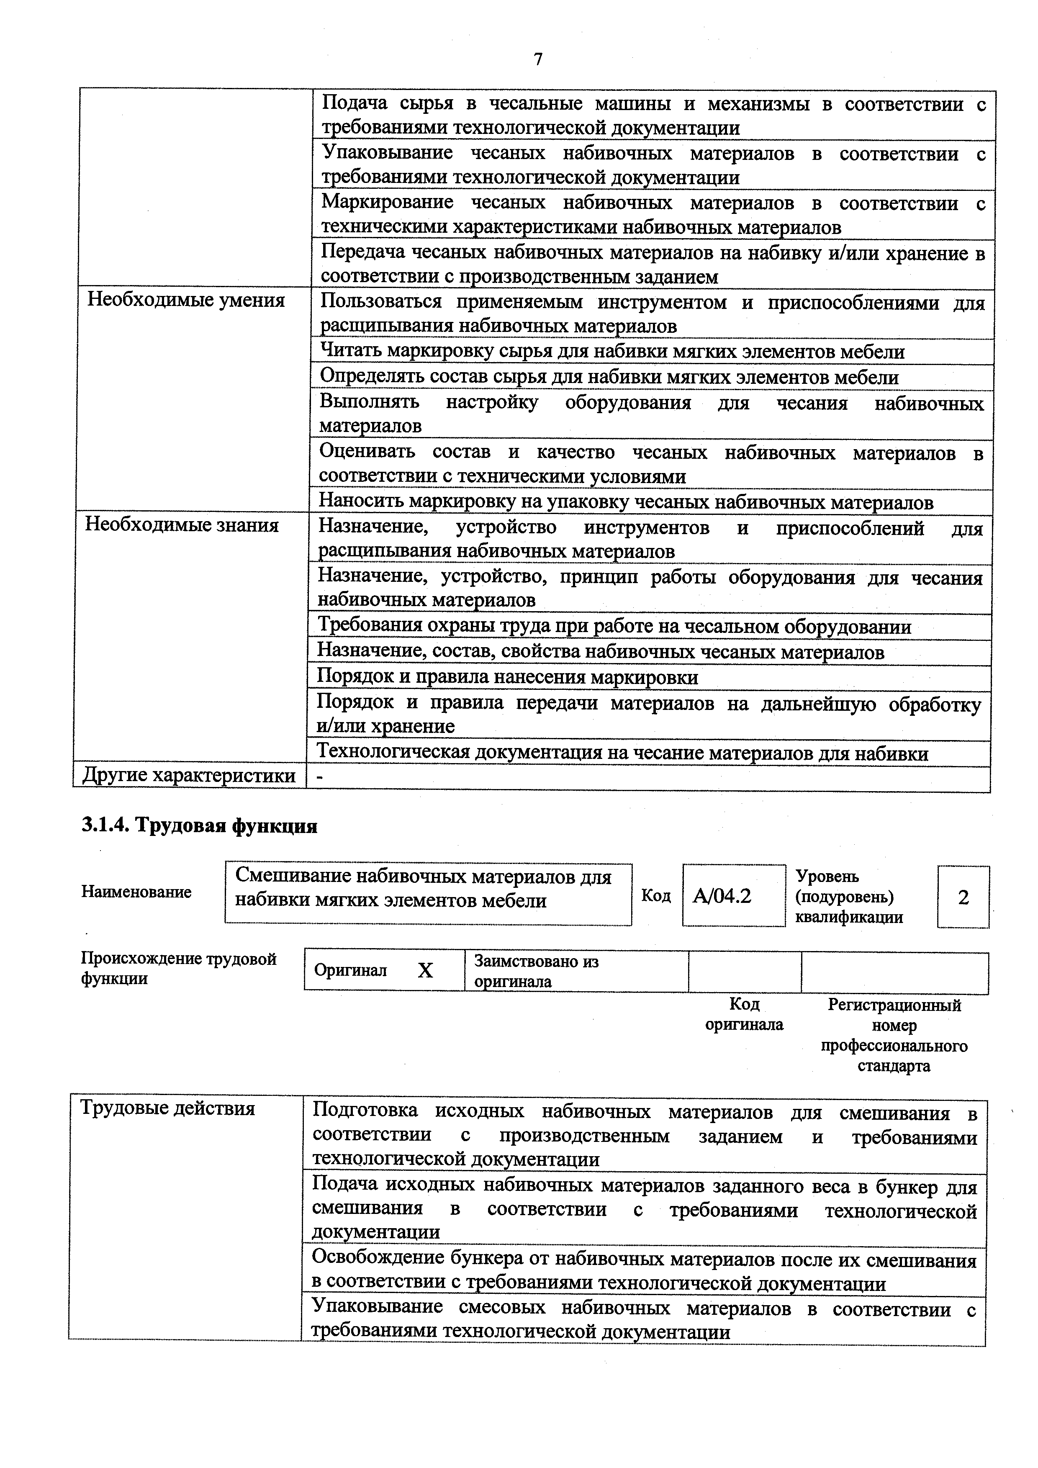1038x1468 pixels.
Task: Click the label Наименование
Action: [x=136, y=892]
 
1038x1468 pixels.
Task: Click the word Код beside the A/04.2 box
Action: [x=656, y=896]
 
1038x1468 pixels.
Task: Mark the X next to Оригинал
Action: [x=425, y=971]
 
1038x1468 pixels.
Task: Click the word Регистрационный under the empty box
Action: [x=894, y=1005]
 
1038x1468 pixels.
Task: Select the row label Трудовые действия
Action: [x=167, y=1108]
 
